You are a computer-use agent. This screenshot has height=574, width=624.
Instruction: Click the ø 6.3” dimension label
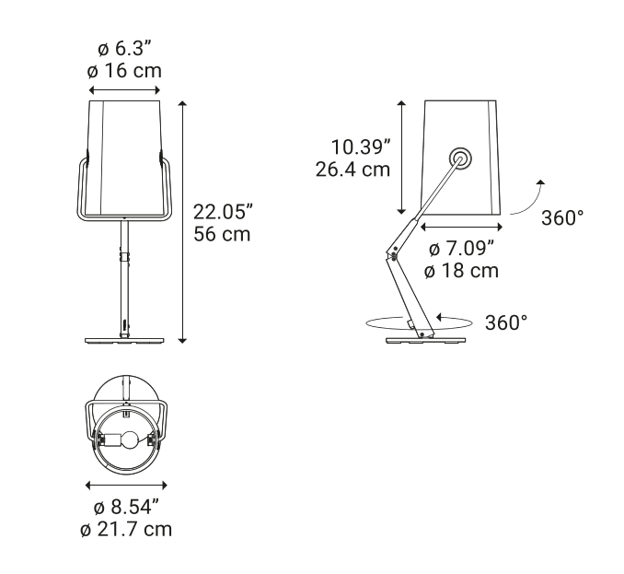[125, 49]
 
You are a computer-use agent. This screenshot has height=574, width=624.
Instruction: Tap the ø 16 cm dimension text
[124, 71]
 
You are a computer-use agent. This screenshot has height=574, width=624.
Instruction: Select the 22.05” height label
[224, 212]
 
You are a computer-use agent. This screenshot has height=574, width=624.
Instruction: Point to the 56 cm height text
[222, 234]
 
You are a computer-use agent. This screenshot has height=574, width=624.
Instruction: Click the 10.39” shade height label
[361, 147]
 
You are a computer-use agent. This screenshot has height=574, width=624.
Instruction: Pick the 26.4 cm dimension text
[352, 170]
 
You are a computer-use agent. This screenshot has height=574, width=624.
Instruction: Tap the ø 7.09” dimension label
[462, 249]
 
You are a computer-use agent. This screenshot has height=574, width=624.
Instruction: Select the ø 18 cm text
[461, 271]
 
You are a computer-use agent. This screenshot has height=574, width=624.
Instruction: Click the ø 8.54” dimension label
[126, 507]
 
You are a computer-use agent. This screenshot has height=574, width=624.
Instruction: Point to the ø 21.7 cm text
[126, 530]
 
